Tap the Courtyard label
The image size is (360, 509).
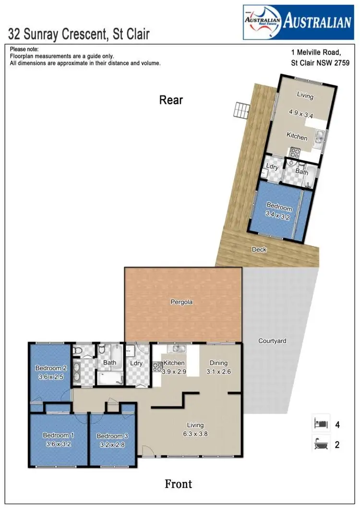[272, 341]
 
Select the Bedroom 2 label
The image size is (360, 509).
[50, 368]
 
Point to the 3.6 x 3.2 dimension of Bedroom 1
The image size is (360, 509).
[58, 444]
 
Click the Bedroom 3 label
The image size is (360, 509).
[112, 436]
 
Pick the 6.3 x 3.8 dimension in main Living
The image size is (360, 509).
[195, 434]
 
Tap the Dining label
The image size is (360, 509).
[218, 363]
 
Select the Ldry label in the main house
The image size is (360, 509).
[136, 364]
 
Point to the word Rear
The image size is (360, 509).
[171, 100]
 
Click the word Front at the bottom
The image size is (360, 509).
[178, 484]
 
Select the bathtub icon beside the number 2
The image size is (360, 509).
[320, 444]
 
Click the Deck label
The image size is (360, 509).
[259, 250]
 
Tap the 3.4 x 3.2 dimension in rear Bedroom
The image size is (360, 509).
[278, 217]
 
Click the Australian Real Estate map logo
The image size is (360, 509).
[262, 22]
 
